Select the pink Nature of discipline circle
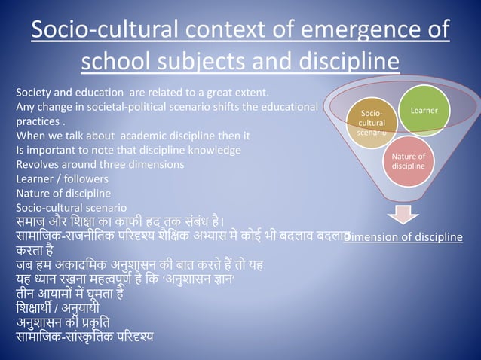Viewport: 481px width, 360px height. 408,160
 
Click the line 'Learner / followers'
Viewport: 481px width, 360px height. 62,179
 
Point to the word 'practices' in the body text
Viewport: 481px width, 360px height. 38,121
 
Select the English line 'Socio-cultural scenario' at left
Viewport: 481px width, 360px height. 72,207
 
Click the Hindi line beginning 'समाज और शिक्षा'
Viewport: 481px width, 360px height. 121,221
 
